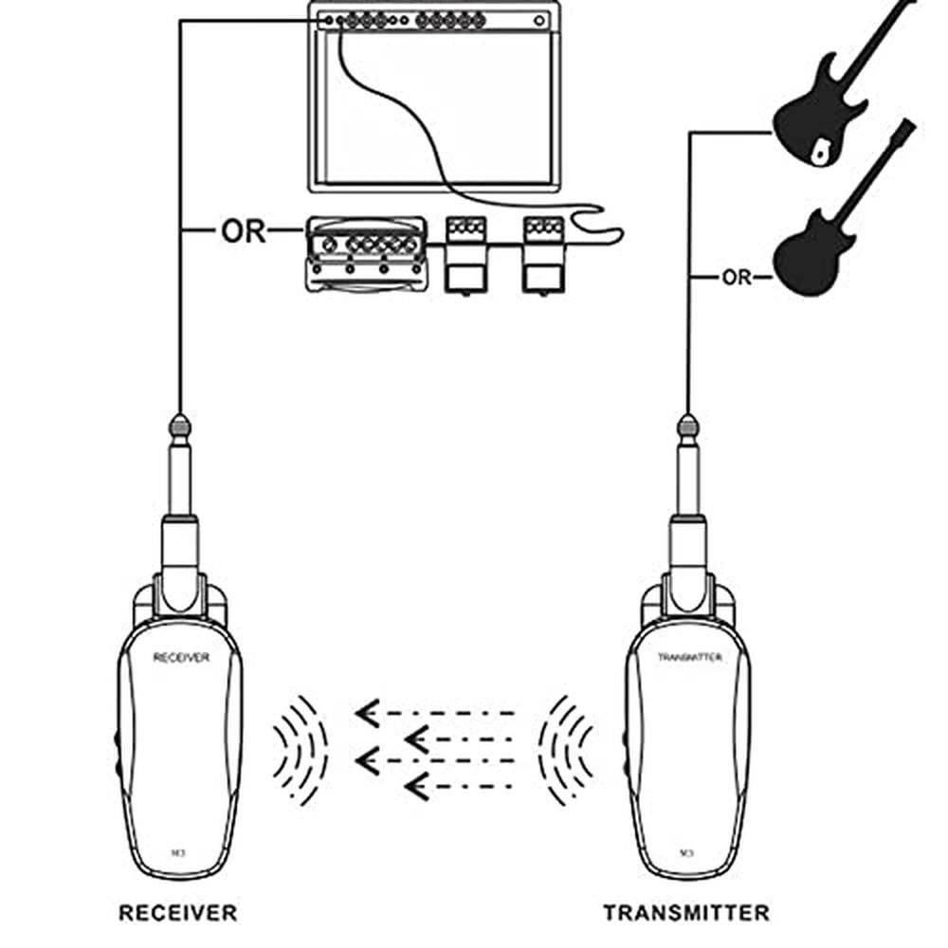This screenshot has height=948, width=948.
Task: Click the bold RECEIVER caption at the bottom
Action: click(177, 913)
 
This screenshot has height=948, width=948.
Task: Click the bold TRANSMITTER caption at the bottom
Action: click(686, 913)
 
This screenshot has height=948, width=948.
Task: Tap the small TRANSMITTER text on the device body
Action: click(689, 657)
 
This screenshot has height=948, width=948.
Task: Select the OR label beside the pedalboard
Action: click(244, 231)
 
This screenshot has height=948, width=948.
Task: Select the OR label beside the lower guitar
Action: click(736, 278)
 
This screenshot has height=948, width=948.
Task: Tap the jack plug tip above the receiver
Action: click(179, 425)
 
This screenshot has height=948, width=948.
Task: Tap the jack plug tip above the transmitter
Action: click(688, 425)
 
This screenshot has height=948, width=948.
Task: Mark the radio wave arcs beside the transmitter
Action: click(566, 749)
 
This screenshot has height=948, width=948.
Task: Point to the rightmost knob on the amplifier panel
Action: click(539, 20)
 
